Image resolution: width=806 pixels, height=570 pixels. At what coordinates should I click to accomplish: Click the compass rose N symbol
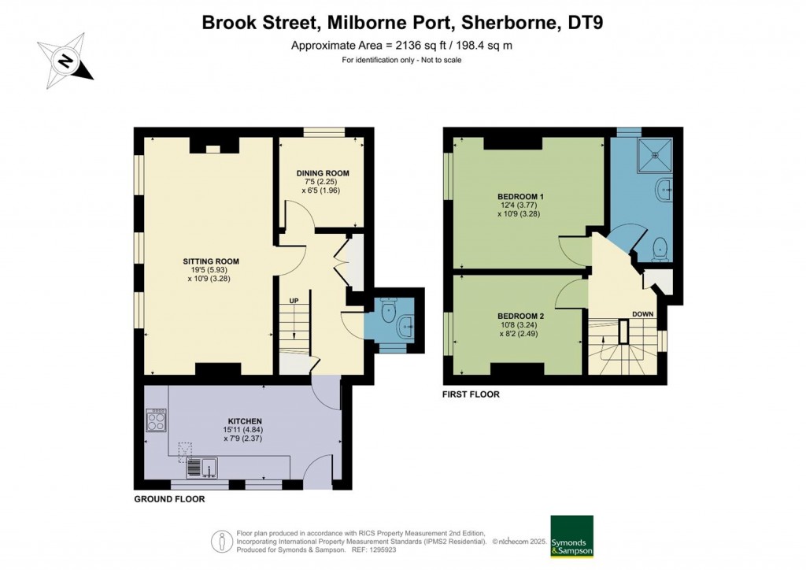pyautogui.click(x=65, y=61)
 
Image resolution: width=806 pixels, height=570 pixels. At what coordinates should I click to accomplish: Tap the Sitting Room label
pyautogui.click(x=211, y=261)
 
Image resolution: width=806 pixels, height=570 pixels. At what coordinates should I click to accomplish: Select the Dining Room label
pyautogui.click(x=323, y=173)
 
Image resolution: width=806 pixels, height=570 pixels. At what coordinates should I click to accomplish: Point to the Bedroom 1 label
pyautogui.click(x=521, y=196)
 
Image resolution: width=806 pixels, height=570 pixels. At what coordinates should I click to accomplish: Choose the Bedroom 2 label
pyautogui.click(x=521, y=316)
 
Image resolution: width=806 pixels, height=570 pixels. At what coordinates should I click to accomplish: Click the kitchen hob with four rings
pyautogui.click(x=157, y=420)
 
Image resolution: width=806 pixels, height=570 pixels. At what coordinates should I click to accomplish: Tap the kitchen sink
pyautogui.click(x=202, y=468)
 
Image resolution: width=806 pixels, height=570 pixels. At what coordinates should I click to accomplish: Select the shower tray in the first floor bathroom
pyautogui.click(x=654, y=154)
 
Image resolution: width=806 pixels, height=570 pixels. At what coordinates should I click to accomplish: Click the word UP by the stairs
pyautogui.click(x=294, y=301)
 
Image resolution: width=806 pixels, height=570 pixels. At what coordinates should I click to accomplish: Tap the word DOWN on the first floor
pyautogui.click(x=642, y=314)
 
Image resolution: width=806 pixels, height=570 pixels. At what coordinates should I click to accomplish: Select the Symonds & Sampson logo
pyautogui.click(x=571, y=536)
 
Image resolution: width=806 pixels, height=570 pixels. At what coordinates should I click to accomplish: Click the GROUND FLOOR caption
pyautogui.click(x=169, y=499)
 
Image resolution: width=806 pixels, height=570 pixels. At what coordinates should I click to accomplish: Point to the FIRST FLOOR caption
pyautogui.click(x=471, y=394)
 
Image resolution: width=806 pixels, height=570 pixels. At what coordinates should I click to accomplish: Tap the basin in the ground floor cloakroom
pyautogui.click(x=405, y=325)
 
